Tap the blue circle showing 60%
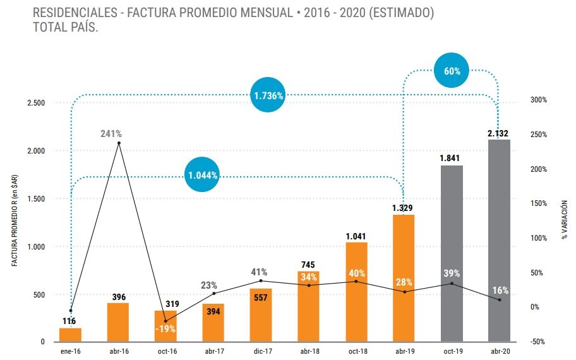pos(452,71)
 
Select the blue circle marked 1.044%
pos(203,175)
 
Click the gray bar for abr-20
pos(499,240)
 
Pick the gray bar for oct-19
pos(452,253)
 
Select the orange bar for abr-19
pos(404,278)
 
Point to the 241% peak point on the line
pos(119,143)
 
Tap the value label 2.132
pos(498,133)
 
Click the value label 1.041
pos(356,236)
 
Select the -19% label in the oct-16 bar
pos(166,328)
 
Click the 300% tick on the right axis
pos(539,100)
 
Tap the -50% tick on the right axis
pos(539,342)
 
